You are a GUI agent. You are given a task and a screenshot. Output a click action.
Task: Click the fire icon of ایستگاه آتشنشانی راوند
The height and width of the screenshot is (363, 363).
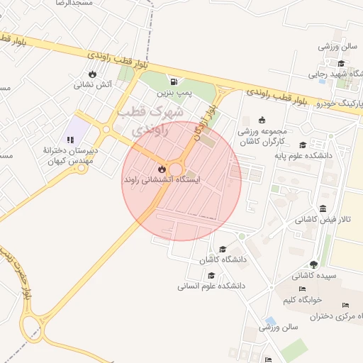[x=162, y=169]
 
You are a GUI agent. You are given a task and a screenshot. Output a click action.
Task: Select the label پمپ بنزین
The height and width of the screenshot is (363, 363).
[x=174, y=92]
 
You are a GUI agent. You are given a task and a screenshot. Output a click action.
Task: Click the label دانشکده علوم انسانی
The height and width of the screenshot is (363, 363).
[x=211, y=286]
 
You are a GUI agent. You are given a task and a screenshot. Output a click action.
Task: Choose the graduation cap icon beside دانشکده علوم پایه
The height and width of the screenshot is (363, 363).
[x=303, y=145]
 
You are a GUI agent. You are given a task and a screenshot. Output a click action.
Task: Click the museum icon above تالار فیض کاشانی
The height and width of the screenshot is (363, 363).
[x=323, y=208]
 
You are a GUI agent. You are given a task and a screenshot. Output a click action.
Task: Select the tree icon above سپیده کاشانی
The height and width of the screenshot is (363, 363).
[x=313, y=264]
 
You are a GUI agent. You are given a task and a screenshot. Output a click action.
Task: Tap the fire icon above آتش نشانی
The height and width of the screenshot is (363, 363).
[x=92, y=73]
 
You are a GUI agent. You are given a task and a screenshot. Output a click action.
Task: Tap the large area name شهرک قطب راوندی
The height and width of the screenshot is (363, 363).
[x=153, y=121]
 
